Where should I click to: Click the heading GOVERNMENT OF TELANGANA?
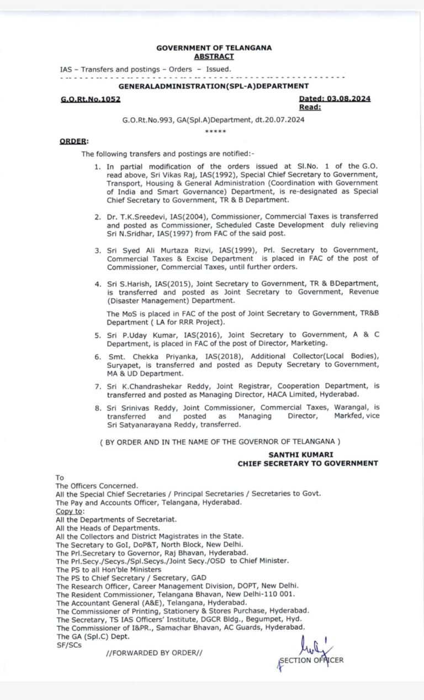click(x=214, y=48)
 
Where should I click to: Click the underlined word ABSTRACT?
click(x=214, y=56)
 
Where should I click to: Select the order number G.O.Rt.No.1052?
click(x=90, y=99)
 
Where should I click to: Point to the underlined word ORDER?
click(x=73, y=141)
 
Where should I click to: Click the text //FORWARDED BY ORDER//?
click(x=154, y=653)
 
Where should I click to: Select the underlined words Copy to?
click(x=69, y=511)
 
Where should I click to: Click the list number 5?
click(x=97, y=335)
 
